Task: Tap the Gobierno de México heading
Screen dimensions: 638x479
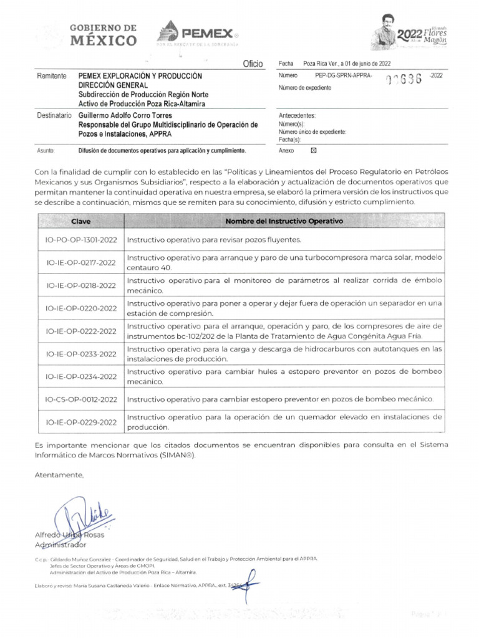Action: tap(104, 35)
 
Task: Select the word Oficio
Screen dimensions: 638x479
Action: tap(253, 65)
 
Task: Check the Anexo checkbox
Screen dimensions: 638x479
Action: tap(314, 150)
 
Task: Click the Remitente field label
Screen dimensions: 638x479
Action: tap(52, 76)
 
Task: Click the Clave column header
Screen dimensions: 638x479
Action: tap(81, 221)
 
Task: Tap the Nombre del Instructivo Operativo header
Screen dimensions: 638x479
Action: tap(284, 221)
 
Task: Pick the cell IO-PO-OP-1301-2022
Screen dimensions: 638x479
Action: tap(81, 240)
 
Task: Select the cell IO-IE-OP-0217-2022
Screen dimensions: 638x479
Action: tap(81, 263)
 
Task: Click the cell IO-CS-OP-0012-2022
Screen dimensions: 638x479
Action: tap(81, 399)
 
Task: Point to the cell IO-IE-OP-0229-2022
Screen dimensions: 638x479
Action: tap(81, 422)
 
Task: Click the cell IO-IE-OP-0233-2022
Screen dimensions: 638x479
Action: tap(81, 354)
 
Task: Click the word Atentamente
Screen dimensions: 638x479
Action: tap(59, 475)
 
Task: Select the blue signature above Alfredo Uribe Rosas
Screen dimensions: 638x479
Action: tap(81, 516)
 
